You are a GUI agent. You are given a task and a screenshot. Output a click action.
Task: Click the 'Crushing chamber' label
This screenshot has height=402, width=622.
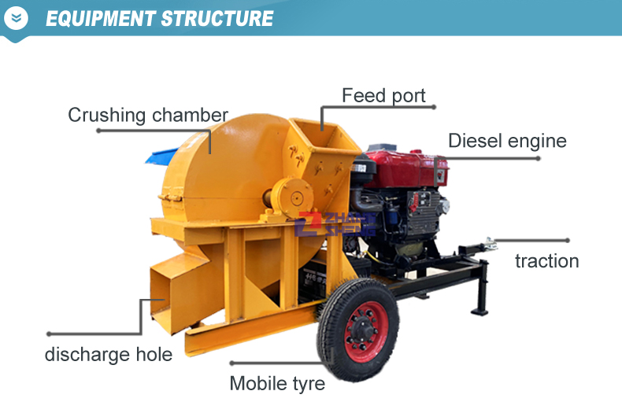pyautogui.click(x=147, y=115)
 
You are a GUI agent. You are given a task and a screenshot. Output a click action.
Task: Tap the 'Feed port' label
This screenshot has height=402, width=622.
pyautogui.click(x=383, y=96)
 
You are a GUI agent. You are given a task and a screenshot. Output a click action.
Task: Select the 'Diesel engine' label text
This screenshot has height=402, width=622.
pyautogui.click(x=507, y=141)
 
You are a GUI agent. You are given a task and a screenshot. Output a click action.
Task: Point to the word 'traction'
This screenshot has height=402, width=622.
pyautogui.click(x=546, y=261)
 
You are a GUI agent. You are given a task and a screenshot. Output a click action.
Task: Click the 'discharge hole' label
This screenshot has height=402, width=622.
pyautogui.click(x=108, y=354)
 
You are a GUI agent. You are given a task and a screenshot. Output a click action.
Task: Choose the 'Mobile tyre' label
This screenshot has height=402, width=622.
pyautogui.click(x=277, y=383)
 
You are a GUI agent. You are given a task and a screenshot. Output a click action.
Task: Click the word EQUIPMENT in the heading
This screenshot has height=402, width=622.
pyautogui.click(x=100, y=18)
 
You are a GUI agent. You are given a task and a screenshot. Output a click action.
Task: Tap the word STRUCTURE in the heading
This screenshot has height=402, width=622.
pyautogui.click(x=217, y=18)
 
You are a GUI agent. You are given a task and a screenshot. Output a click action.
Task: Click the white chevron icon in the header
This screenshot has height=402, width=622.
pyautogui.click(x=17, y=17)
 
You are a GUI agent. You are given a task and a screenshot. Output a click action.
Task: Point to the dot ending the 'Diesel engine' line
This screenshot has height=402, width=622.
pyautogui.click(x=539, y=158)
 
